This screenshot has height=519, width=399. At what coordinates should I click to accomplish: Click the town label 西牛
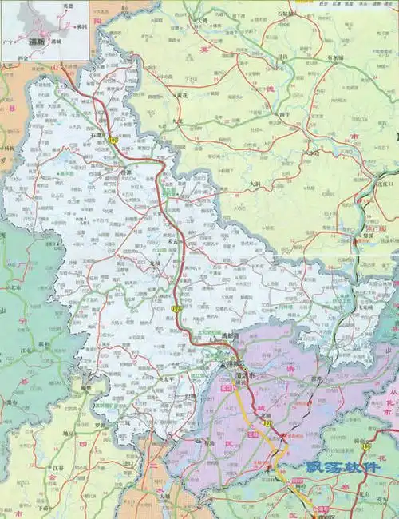(283, 114)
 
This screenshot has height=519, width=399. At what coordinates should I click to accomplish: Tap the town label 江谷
(59, 469)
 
